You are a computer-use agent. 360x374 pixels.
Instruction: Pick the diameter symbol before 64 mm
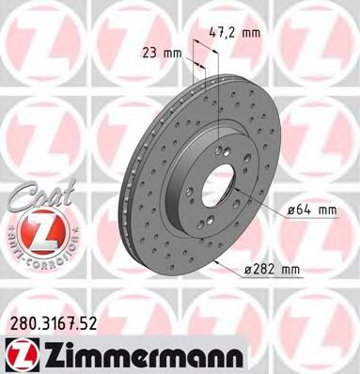[x=287, y=210]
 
